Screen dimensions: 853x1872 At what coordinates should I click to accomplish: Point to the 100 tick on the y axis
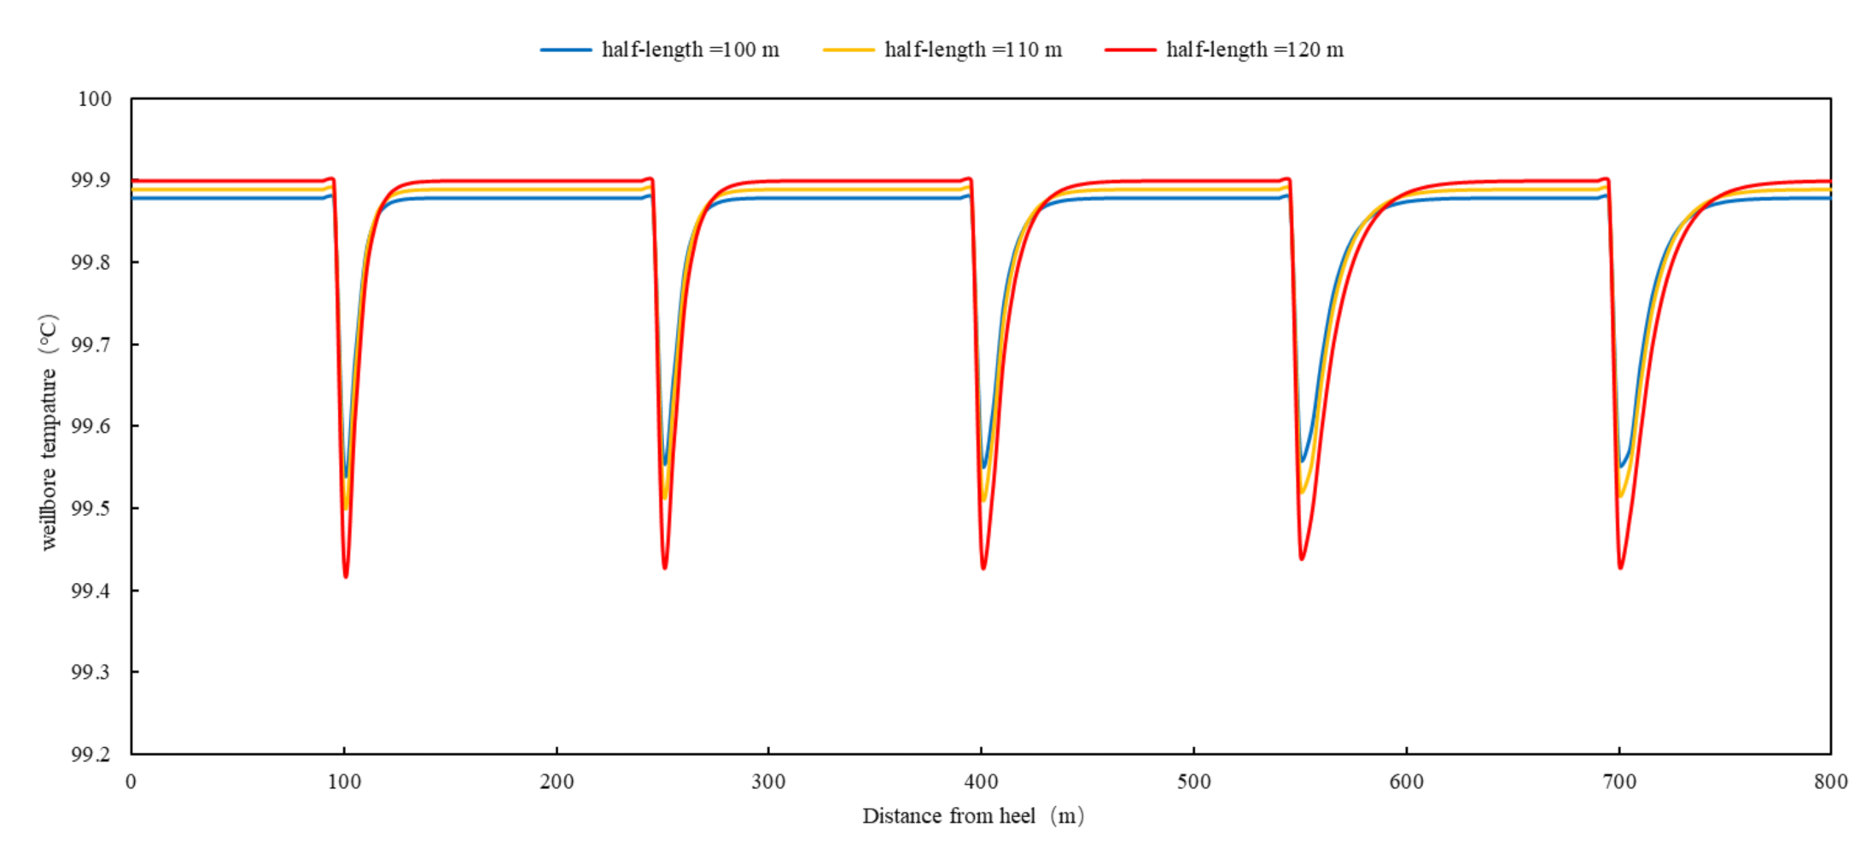95,99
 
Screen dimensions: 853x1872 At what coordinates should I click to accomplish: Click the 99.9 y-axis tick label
90,180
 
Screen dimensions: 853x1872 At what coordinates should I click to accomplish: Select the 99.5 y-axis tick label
90,508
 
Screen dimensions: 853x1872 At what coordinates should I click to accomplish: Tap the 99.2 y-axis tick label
90,754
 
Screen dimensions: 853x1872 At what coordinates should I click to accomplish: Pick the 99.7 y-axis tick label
90,344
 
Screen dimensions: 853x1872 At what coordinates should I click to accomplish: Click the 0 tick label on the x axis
131,781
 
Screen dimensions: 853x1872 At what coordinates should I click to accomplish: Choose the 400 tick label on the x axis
981,781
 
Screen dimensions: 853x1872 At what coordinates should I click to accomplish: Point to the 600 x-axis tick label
1406,781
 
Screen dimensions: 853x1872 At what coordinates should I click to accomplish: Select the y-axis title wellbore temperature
49,432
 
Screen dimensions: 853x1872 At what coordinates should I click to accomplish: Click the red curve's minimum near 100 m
346,576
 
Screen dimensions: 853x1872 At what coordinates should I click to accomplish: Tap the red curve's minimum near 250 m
665,568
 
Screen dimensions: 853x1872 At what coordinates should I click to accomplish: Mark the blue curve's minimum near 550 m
1303,461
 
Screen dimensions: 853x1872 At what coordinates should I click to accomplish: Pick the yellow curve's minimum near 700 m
1620,496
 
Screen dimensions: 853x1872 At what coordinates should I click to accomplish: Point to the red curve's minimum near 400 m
983,568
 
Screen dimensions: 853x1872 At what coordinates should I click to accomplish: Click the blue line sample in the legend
566,50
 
